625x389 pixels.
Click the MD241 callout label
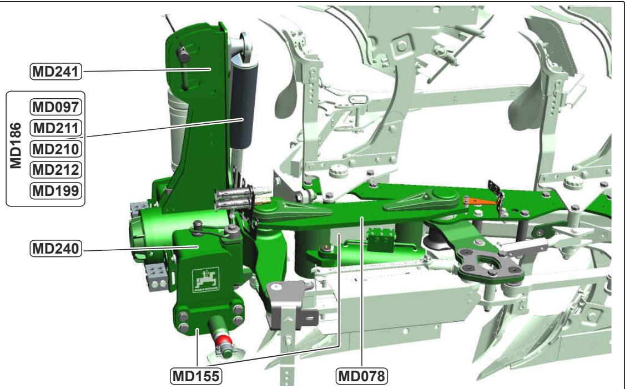(x=56, y=72)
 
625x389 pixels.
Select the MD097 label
(x=56, y=107)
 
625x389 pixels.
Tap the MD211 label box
(x=56, y=128)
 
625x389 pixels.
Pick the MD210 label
(x=56, y=149)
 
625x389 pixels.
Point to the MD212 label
(x=56, y=170)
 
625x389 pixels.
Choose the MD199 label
(x=56, y=190)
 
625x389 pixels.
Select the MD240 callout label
(x=56, y=249)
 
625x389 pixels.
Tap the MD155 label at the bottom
(x=196, y=376)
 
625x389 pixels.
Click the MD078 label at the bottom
(x=361, y=376)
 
